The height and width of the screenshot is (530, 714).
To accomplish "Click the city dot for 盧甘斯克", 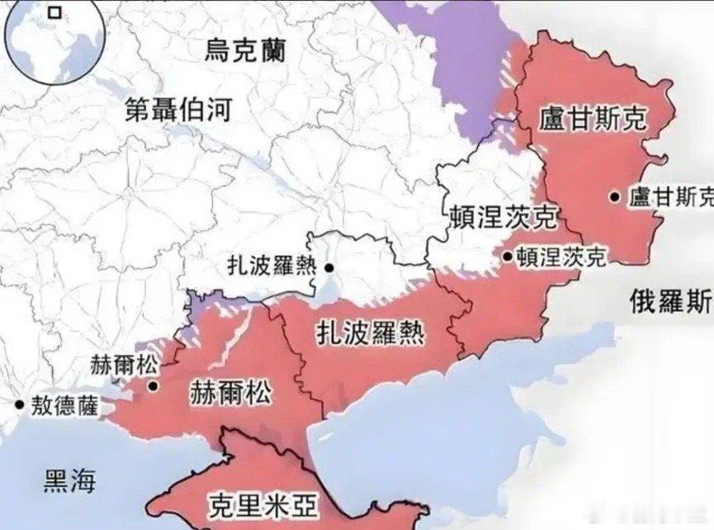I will coord(615,196).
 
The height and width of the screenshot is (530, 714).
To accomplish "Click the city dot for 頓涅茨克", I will coord(507,257).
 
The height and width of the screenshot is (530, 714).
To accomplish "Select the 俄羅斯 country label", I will coord(669,300).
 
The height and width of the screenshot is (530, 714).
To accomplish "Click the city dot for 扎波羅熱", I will coord(329,267).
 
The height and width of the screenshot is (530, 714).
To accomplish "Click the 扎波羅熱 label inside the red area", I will coord(371,333).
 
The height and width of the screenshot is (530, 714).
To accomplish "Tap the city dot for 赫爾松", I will coord(152,385).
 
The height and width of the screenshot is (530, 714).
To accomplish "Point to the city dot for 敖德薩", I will coord(18,405).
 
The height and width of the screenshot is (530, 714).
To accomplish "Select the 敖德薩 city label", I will coord(63,405).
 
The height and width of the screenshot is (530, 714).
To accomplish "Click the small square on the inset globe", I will coord(54,12).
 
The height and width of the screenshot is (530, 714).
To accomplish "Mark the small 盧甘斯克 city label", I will coord(670,197).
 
